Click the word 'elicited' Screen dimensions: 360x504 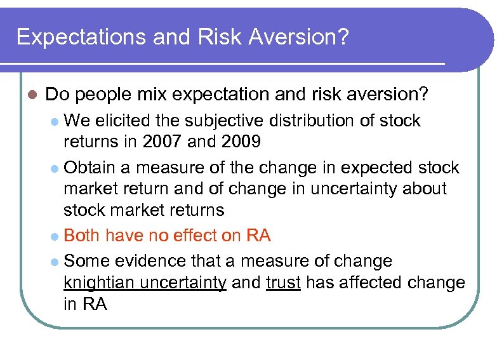click(x=121, y=121)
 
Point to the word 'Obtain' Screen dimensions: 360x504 click(x=90, y=168)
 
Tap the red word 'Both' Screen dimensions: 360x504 click(x=82, y=236)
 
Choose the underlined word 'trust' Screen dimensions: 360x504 click(x=283, y=283)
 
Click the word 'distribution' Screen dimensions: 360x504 click(x=315, y=121)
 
